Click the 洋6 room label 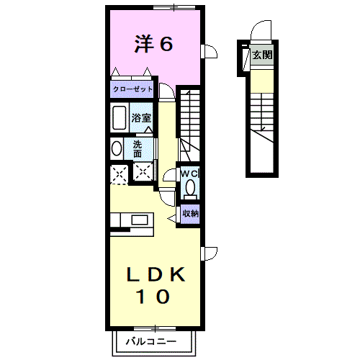pyautogui.click(x=153, y=45)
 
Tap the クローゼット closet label pyautogui.click(x=132, y=89)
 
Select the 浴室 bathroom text pyautogui.click(x=140, y=118)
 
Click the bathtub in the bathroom pyautogui.click(x=119, y=118)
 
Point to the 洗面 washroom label pyautogui.click(x=138, y=148)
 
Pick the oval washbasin pyautogui.click(x=117, y=148)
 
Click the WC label pyautogui.click(x=189, y=174)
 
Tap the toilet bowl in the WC pyautogui.click(x=189, y=189)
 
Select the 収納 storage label pyautogui.click(x=190, y=213)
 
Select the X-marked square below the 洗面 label pyautogui.click(x=144, y=172)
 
